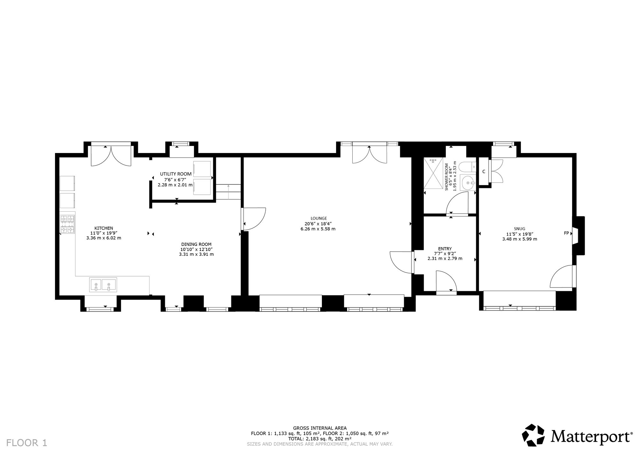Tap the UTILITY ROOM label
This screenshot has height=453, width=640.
pyautogui.click(x=176, y=174)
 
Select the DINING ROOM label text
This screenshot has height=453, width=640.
pyautogui.click(x=196, y=244)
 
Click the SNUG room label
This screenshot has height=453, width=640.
pyautogui.click(x=519, y=229)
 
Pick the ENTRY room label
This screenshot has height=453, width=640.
pyautogui.click(x=445, y=249)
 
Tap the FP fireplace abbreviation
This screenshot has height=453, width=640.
pyautogui.click(x=566, y=233)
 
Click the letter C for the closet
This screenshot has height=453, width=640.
pyautogui.click(x=484, y=172)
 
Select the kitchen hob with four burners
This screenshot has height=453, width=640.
pyautogui.click(x=67, y=224)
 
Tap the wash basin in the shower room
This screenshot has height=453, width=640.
pyautogui.click(x=468, y=183)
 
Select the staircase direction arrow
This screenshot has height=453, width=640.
pyautogui.click(x=228, y=192)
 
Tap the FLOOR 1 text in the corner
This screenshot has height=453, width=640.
pyautogui.click(x=27, y=443)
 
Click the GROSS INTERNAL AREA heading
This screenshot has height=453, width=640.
pyautogui.click(x=320, y=428)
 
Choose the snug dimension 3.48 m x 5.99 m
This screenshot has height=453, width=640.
pyautogui.click(x=519, y=239)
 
